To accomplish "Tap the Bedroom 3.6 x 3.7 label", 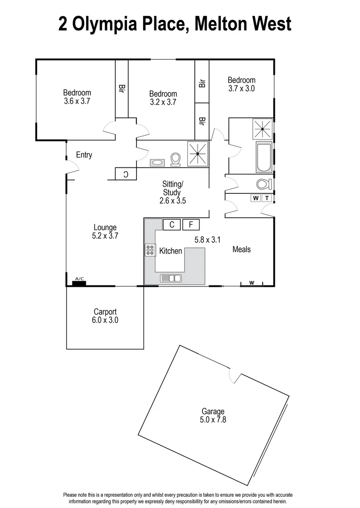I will click(x=77, y=97).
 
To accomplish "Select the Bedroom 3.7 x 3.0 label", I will click(x=241, y=84).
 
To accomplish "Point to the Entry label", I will click(x=84, y=155).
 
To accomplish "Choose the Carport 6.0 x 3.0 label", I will click(x=105, y=316).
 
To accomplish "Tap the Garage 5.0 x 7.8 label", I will click(x=213, y=416).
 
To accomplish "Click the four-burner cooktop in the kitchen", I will click(x=150, y=250).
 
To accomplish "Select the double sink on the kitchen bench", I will click(x=171, y=278).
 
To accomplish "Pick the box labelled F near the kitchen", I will click(x=191, y=225).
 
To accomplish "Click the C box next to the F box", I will click(x=172, y=225).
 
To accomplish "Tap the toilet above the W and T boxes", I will click(x=263, y=183).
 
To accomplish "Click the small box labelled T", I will click(x=267, y=198).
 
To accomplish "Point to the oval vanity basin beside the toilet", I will click(x=157, y=163).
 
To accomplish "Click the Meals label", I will click(x=241, y=249).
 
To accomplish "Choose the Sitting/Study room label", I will click(x=172, y=192).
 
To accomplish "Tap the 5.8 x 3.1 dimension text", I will click(x=208, y=240).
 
